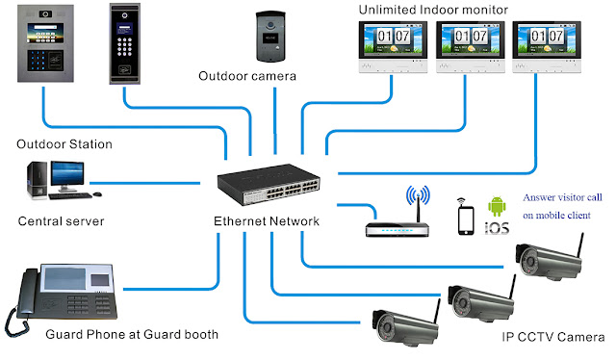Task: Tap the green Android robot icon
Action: (x=497, y=207)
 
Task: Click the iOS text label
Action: (x=497, y=229)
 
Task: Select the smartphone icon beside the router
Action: (x=467, y=219)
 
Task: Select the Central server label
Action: (x=61, y=221)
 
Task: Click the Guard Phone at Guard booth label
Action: (x=133, y=335)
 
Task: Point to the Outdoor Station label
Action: (x=64, y=144)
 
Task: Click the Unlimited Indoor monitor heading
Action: (x=433, y=10)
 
